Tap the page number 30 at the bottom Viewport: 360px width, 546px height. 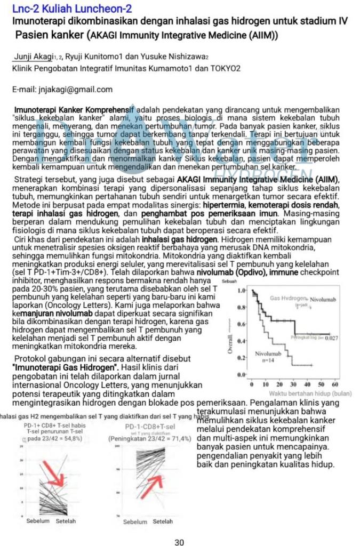click(179, 542)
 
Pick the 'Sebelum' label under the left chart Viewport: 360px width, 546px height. click(38, 521)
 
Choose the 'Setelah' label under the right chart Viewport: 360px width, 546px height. click(163, 521)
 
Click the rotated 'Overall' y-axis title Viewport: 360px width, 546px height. click(230, 343)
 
